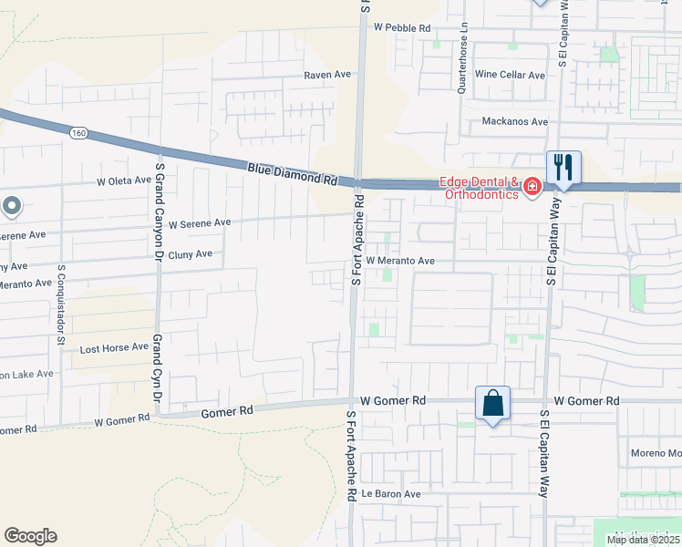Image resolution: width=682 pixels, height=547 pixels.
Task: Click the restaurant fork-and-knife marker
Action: tap(563, 168)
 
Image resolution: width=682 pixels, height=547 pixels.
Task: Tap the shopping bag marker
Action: tap(492, 403)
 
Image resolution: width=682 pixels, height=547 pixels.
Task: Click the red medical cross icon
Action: tap(532, 187)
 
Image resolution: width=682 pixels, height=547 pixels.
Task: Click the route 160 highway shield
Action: tap(78, 133)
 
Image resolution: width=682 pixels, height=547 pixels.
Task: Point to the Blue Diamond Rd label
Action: tap(292, 173)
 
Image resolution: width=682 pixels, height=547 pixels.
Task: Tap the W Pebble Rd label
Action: tap(401, 28)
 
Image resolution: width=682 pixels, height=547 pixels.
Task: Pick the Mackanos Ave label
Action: tap(514, 121)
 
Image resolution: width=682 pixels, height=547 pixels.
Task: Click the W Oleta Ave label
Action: tap(124, 181)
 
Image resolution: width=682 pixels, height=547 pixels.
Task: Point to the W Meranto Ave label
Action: tap(401, 261)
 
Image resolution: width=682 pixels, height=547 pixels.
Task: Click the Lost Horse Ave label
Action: tap(114, 347)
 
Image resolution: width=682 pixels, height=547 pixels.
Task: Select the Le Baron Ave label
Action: tap(390, 494)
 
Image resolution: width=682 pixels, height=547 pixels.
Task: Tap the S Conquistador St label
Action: tap(61, 293)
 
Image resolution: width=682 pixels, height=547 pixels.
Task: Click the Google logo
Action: tap(30, 536)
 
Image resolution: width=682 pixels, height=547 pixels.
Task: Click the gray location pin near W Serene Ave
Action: tap(11, 207)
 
